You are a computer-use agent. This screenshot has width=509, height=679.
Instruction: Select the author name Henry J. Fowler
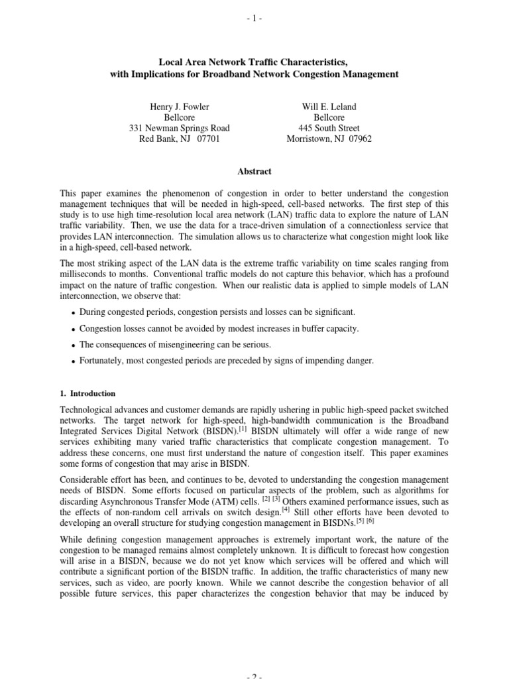173,106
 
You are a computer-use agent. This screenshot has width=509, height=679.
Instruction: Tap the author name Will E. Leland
329,106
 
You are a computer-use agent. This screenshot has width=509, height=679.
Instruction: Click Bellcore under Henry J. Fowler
173,117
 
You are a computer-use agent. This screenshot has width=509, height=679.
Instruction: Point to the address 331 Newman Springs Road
173,128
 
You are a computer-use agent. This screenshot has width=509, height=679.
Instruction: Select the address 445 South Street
329,128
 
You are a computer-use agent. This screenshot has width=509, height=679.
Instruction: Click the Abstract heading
254,171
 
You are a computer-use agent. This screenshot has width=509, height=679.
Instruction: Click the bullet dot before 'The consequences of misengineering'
72,345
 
